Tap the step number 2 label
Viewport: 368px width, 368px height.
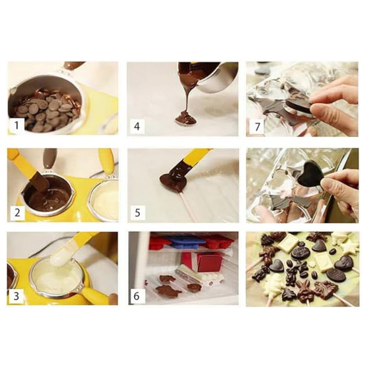17,212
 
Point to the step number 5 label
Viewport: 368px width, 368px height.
137,212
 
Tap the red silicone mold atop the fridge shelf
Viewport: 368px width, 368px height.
159,242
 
